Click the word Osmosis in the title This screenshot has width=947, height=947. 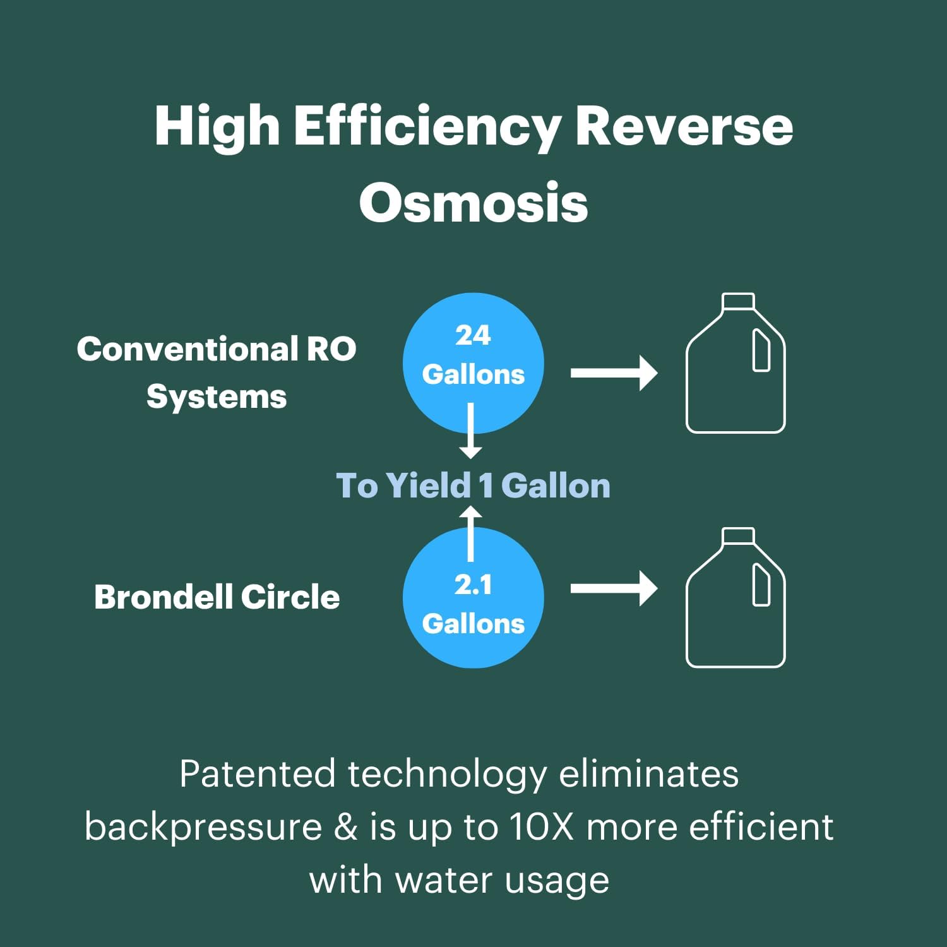click(x=473, y=203)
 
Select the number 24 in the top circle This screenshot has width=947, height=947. click(x=473, y=335)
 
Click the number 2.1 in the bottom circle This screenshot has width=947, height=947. click(x=473, y=585)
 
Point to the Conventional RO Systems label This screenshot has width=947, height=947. click(x=217, y=372)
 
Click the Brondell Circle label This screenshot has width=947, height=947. click(x=217, y=597)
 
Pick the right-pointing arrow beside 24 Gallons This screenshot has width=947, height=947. click(x=614, y=373)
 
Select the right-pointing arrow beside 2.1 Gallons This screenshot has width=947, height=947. click(x=614, y=588)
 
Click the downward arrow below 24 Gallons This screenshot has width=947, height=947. click(x=470, y=431)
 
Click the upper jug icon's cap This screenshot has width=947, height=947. click(x=738, y=301)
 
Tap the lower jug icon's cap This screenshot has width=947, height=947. click(x=738, y=535)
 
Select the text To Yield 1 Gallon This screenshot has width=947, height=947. click(x=473, y=485)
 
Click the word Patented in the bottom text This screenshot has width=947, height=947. click(x=257, y=774)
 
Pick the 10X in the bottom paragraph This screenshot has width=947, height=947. click(x=541, y=827)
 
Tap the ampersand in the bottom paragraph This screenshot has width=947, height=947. click(x=345, y=827)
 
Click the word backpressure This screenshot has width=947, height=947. click(x=203, y=827)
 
